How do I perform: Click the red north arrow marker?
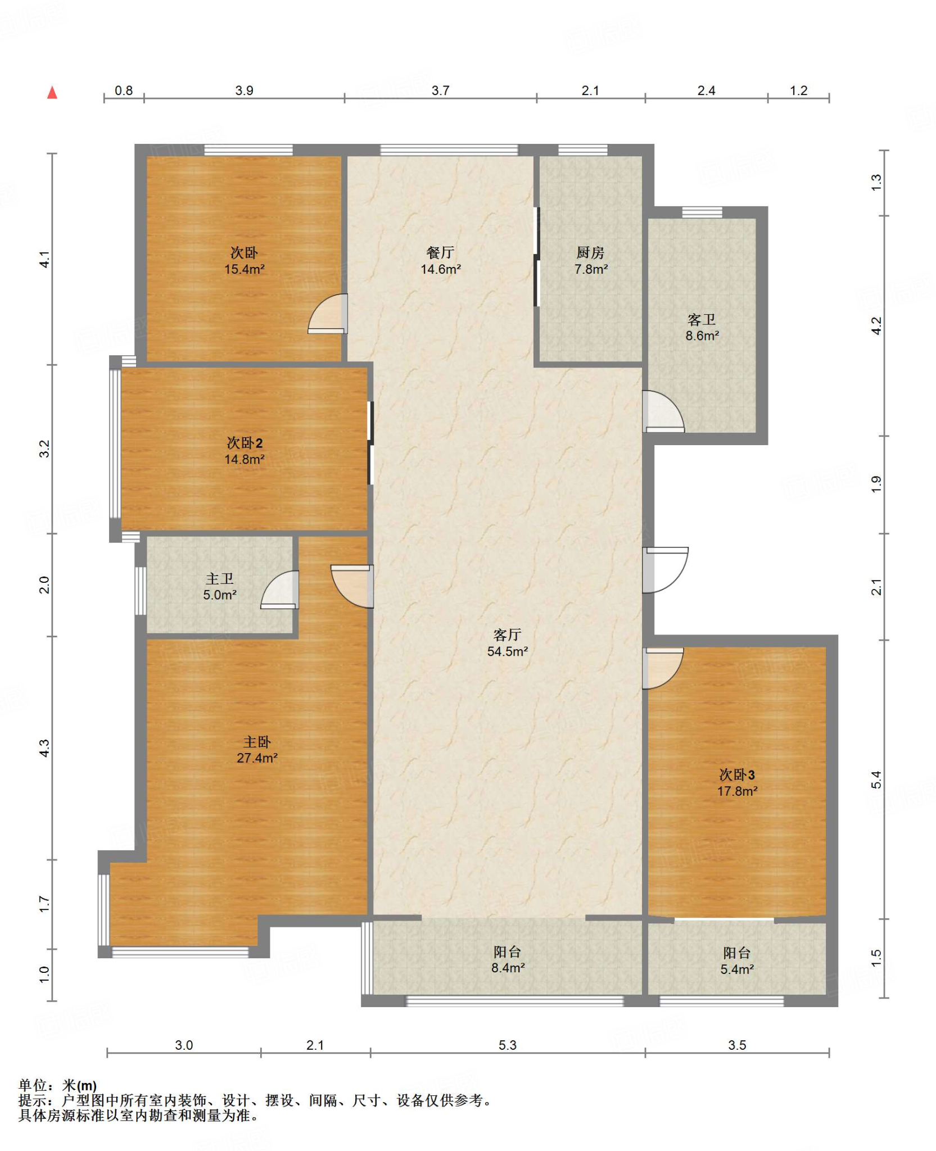pyautogui.click(x=52, y=92)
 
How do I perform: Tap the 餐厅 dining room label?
pyautogui.click(x=440, y=252)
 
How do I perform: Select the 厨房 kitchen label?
pyautogui.click(x=590, y=252)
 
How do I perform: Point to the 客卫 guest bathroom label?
pyautogui.click(x=702, y=319)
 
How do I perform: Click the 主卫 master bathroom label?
pyautogui.click(x=219, y=578)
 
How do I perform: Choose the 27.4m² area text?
pyautogui.click(x=257, y=758)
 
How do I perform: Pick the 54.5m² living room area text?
pyautogui.click(x=507, y=651)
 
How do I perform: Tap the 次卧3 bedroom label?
pyautogui.click(x=737, y=775)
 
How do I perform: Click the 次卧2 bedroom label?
pyautogui.click(x=245, y=443)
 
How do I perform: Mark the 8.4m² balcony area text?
pyautogui.click(x=508, y=968)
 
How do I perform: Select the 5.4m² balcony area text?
pyautogui.click(x=737, y=969)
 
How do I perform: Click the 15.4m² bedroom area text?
pyautogui.click(x=245, y=269)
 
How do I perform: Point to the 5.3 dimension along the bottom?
pyautogui.click(x=507, y=1045)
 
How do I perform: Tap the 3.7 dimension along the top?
pyautogui.click(x=440, y=90)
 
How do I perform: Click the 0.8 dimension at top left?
pyautogui.click(x=124, y=90)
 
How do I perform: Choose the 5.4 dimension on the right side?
pyautogui.click(x=876, y=780)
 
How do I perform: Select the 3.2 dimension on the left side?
pyautogui.click(x=44, y=448)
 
